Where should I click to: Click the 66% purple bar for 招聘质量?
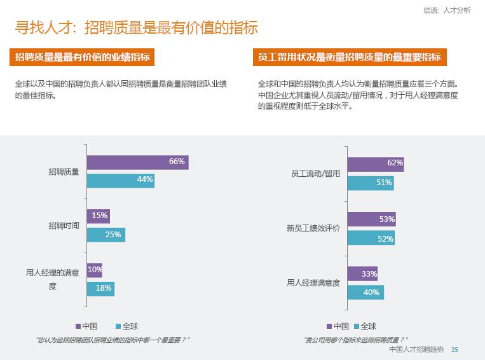(137, 162)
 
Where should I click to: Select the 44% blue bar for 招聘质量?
(121, 180)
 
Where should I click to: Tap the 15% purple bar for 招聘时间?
(98, 216)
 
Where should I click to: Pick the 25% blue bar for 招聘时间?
(106, 235)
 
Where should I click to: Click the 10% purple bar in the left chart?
(94, 270)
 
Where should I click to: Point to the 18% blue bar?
(100, 289)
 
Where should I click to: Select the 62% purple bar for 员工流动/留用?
(375, 163)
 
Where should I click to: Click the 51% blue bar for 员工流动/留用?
(370, 183)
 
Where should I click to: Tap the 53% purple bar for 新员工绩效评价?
(371, 219)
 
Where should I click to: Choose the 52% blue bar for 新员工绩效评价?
(371, 239)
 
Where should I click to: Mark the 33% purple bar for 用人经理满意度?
(362, 274)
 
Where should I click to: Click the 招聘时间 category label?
(64, 226)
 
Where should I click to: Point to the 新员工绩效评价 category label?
(313, 228)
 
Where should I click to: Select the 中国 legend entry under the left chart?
(86, 326)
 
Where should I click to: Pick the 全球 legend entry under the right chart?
(364, 326)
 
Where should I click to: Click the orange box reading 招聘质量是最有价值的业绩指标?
(83, 57)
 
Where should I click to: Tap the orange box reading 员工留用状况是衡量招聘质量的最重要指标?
(350, 57)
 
